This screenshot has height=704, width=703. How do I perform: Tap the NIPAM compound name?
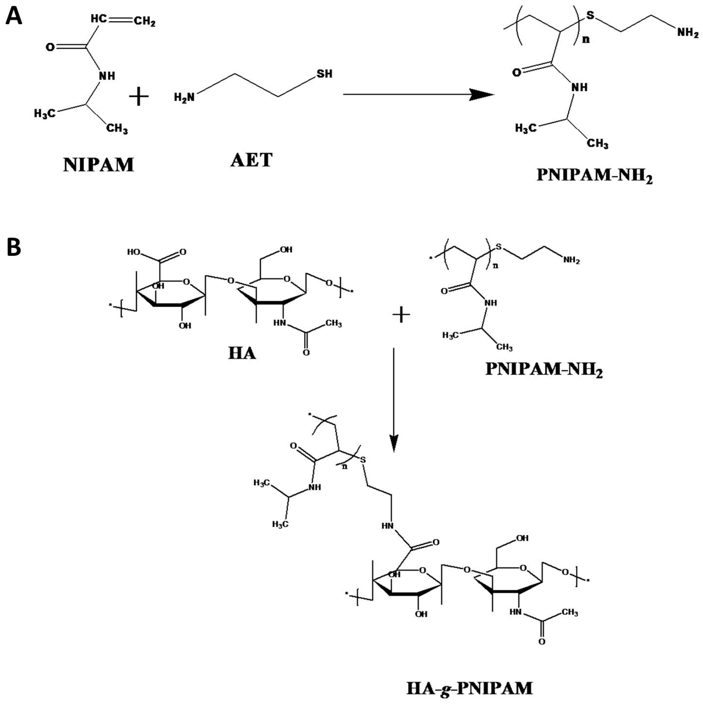98,165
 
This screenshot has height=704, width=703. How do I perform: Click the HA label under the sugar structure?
242,353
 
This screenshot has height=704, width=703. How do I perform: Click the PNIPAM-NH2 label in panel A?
594,176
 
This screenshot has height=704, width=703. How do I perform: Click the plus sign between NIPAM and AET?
139,96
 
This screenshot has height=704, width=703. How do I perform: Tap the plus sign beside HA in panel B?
401,314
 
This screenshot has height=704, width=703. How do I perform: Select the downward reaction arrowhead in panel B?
393,442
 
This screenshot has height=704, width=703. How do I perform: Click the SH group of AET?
324,74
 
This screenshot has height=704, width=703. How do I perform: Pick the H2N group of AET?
184,97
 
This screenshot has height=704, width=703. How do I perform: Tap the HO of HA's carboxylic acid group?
133,252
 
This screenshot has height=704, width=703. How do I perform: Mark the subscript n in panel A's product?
586,39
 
